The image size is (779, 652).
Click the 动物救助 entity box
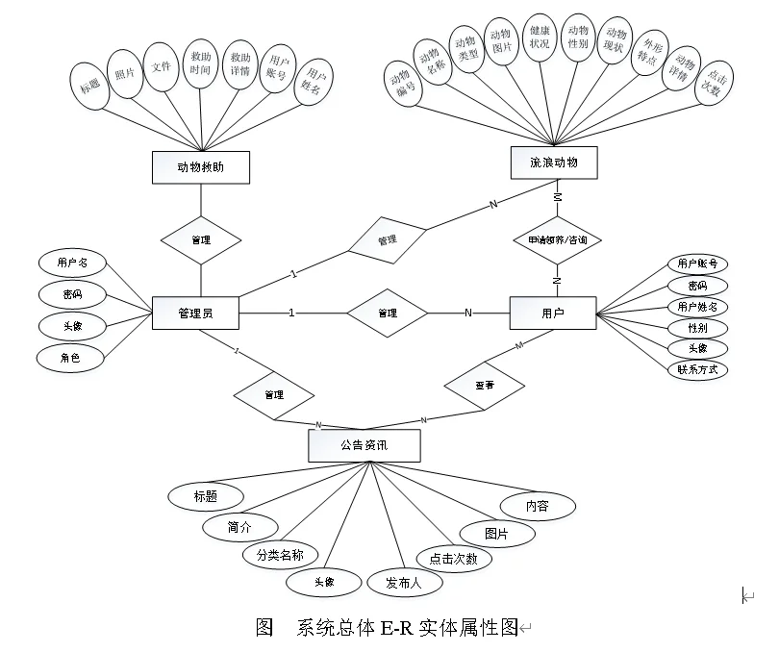coord(200,167)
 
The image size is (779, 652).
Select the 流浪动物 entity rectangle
coord(553,163)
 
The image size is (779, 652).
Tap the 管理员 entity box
coord(195,313)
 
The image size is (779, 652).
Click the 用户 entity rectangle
coord(552,313)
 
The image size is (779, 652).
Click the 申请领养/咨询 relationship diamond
coord(558,239)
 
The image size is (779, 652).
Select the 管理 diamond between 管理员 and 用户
coord(387,313)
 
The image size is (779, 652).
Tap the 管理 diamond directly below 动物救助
coord(200,239)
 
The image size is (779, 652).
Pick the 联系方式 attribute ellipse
coord(697,369)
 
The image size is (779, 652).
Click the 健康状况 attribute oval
coord(540,38)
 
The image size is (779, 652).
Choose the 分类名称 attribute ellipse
coord(279,555)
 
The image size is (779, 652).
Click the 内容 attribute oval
coord(537,506)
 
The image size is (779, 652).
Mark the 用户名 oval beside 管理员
coord(72,262)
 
